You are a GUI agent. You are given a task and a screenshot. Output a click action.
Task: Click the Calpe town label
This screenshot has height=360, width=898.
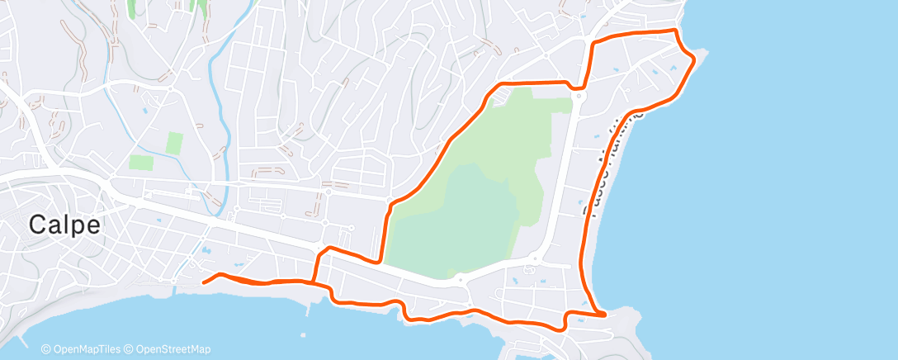[65, 225]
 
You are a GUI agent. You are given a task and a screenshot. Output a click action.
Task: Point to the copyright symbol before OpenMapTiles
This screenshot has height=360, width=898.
[46, 349]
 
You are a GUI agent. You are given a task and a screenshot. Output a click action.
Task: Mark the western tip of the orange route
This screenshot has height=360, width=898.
[204, 281]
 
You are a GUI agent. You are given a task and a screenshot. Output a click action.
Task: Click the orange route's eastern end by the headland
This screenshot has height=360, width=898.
[605, 314]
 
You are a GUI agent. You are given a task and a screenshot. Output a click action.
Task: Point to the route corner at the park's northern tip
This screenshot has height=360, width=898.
[500, 85]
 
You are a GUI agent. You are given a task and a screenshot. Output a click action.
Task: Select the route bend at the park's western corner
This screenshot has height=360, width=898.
[388, 207]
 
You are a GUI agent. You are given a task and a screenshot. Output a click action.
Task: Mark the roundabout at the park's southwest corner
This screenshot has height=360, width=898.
[459, 280]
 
